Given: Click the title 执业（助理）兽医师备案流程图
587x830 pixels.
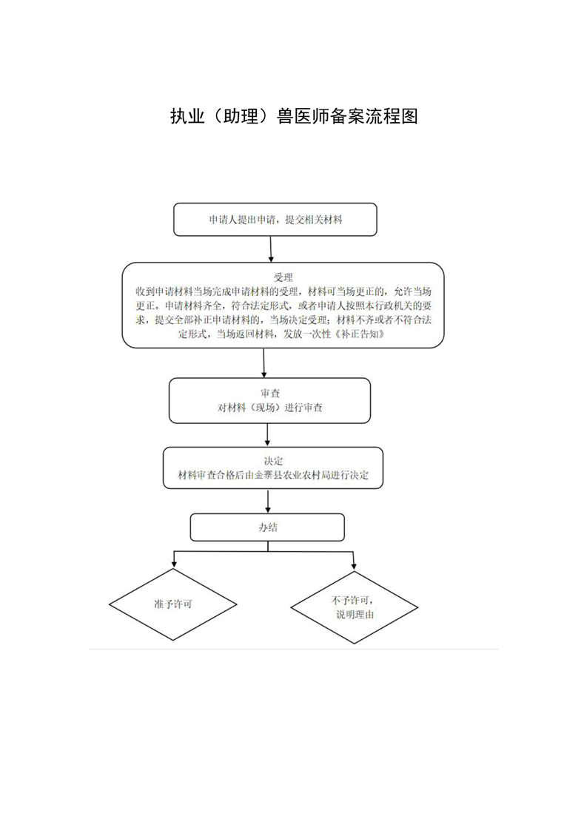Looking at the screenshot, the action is pyautogui.click(x=294, y=116).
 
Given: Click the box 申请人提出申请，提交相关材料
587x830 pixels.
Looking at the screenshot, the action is pyautogui.click(x=275, y=219).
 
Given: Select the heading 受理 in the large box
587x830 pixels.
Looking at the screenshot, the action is pyautogui.click(x=283, y=277).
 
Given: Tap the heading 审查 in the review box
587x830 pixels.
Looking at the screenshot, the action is pyautogui.click(x=269, y=394).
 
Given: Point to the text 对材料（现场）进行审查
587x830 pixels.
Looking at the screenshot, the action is pyautogui.click(x=269, y=408).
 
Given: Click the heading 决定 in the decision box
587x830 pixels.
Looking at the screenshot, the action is pyautogui.click(x=273, y=461).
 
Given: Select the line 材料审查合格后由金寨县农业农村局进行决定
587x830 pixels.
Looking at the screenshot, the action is pyautogui.click(x=273, y=476).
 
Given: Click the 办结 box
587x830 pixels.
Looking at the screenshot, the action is pyautogui.click(x=267, y=527).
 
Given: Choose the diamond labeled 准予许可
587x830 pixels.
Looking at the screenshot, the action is pyautogui.click(x=172, y=604).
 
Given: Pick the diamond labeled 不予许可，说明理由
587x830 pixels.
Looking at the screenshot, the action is pyautogui.click(x=355, y=607).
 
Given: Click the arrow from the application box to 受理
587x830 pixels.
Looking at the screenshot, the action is pyautogui.click(x=271, y=249).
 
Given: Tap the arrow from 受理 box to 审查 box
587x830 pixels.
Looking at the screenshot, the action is pyautogui.click(x=264, y=362).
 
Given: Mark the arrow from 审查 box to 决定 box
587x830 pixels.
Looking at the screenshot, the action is pyautogui.click(x=267, y=435).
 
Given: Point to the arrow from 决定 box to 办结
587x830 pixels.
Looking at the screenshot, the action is pyautogui.click(x=268, y=501).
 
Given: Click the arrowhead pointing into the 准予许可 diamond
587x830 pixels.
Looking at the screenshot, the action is pyautogui.click(x=174, y=565).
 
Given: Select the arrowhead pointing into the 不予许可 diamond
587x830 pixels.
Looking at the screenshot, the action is pyautogui.click(x=354, y=567).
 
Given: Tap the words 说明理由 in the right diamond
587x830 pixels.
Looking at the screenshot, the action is pyautogui.click(x=355, y=615).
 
